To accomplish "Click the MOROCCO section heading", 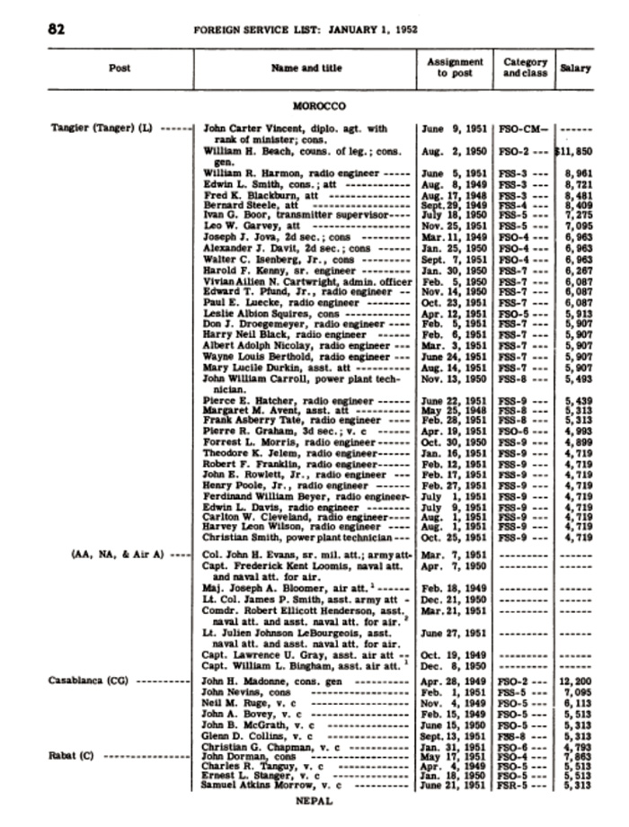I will (x=319, y=107).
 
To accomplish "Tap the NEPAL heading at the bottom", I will (x=314, y=800).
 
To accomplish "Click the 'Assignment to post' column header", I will (x=455, y=67).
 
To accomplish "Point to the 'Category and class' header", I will (x=526, y=67).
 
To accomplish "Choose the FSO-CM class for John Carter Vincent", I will (x=523, y=129).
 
